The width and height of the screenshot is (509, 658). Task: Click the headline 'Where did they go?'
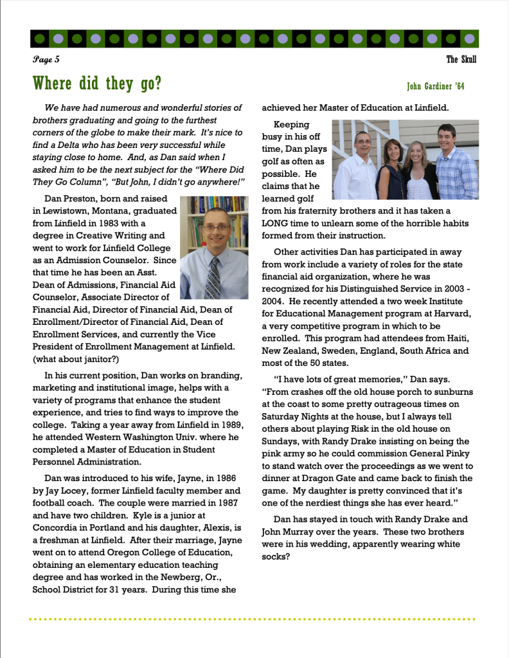(97, 84)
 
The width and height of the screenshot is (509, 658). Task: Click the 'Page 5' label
(46, 60)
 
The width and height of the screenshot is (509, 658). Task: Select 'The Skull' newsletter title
(461, 60)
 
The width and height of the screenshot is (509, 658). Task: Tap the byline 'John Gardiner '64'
(436, 86)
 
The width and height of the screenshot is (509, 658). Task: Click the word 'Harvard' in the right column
(452, 314)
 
